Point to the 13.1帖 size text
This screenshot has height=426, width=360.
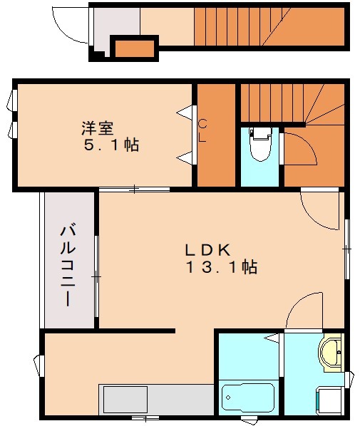point(222,268)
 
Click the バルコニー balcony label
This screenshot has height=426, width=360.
point(68,264)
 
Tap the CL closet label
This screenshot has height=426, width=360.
point(202,130)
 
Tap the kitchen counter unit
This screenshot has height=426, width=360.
point(157,398)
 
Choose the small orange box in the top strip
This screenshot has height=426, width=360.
point(135,48)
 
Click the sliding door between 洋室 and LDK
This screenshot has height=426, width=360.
point(134,189)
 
